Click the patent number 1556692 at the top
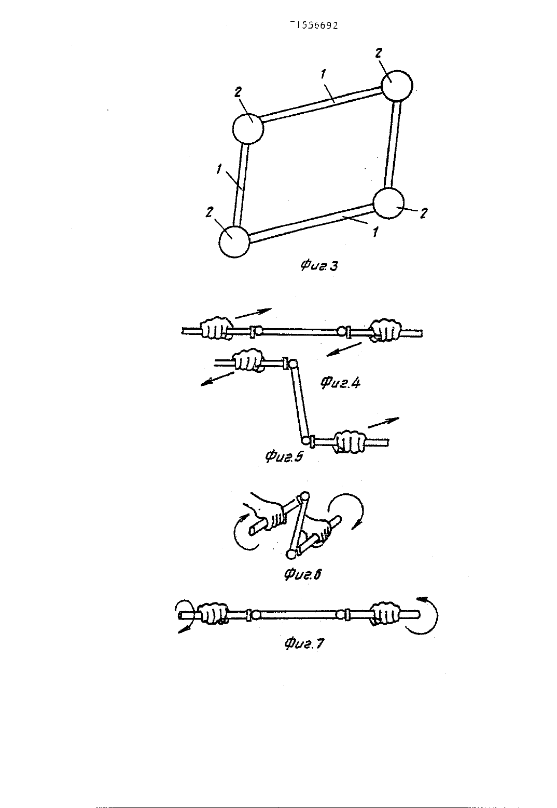pyautogui.click(x=314, y=25)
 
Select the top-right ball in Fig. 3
pyautogui.click(x=396, y=86)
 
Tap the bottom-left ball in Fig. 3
pyautogui.click(x=234, y=241)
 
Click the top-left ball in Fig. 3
pyautogui.click(x=248, y=129)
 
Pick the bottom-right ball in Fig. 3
pyautogui.click(x=388, y=203)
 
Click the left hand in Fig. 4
pyautogui.click(x=216, y=328)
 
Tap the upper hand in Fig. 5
pyautogui.click(x=248, y=360)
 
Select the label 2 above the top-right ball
pyautogui.click(x=378, y=53)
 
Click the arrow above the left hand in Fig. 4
pyautogui.click(x=253, y=314)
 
